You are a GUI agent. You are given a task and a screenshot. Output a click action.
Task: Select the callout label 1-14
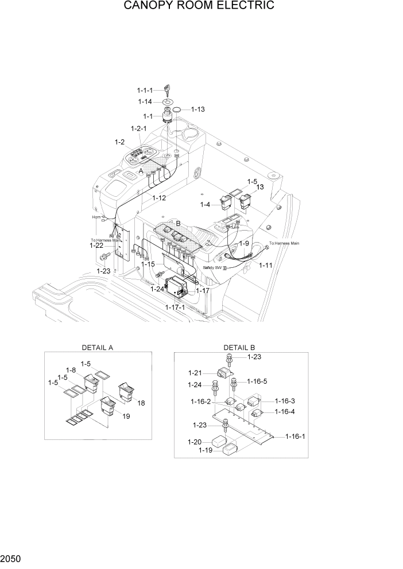145,102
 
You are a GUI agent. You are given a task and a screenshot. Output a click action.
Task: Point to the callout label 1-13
197,109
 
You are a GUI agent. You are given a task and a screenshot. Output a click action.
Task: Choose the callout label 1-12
159,198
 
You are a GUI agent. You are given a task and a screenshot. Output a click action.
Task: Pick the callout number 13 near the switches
259,187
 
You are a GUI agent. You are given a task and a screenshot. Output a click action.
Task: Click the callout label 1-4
206,204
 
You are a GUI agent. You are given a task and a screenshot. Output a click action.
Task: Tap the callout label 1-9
244,243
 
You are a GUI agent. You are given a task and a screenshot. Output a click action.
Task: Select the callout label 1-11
266,265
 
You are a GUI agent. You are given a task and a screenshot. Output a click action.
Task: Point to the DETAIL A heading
98,348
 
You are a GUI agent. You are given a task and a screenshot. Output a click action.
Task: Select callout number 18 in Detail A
141,403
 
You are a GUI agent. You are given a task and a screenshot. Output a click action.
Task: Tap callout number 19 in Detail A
126,416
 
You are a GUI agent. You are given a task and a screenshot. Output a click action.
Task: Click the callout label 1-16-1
296,437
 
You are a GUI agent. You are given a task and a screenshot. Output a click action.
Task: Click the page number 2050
11,558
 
